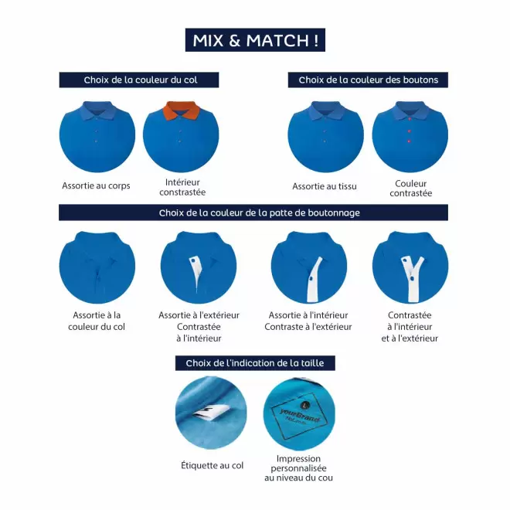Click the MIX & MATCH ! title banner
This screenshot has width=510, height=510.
coord(255,40)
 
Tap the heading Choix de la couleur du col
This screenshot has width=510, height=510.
coord(139,80)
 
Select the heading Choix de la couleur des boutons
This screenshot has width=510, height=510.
coord(368,80)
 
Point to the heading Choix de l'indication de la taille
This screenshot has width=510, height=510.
coord(255,362)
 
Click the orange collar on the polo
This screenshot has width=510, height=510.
coord(182,112)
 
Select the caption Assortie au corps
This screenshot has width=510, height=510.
coord(96,186)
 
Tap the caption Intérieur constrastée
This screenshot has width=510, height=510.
coord(182,188)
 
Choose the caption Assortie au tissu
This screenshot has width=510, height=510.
coord(325,186)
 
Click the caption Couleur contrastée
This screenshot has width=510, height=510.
coord(410,188)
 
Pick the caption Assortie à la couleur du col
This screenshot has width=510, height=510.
coord(97,321)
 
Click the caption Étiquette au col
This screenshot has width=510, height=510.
coord(211,465)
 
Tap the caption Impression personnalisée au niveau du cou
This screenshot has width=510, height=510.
coord(298,468)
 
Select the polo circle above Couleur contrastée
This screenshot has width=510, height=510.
coord(410,136)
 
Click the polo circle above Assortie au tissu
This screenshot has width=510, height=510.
coord(325,136)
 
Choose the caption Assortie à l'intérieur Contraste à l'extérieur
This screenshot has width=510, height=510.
coord(308,321)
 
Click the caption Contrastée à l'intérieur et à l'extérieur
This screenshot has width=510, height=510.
coord(410,326)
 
